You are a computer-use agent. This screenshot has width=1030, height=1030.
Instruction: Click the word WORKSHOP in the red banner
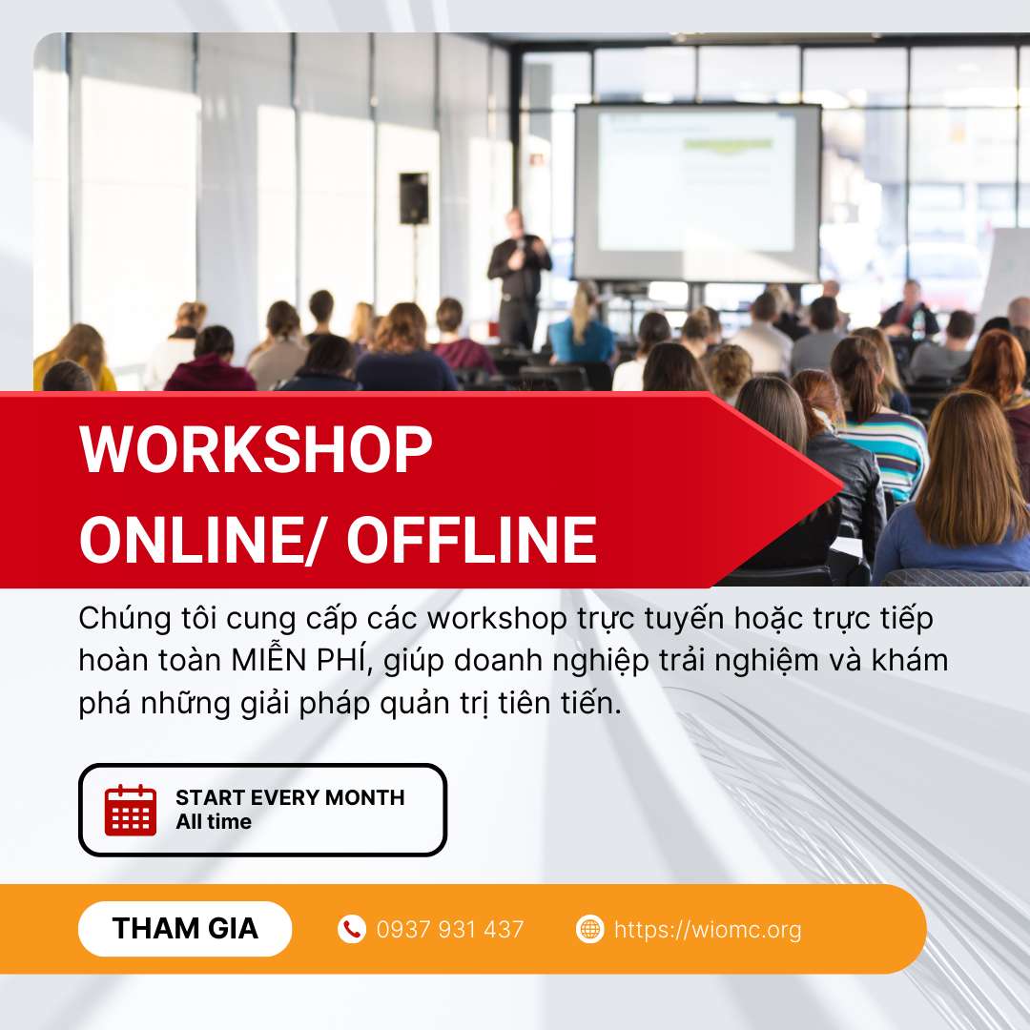coord(256,449)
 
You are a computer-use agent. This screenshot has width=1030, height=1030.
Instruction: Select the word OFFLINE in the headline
coord(472,540)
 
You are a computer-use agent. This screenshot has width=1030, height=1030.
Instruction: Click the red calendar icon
coord(131,810)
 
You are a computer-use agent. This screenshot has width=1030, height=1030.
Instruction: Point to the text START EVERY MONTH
coord(290,797)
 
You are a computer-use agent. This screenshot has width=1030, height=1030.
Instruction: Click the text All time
coord(214,822)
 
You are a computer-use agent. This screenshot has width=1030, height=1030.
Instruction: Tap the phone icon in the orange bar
coord(352,929)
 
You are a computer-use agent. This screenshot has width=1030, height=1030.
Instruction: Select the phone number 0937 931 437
coord(450,930)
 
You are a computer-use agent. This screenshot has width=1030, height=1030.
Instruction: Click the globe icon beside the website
coord(590,929)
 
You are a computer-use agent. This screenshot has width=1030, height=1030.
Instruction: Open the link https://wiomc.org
coord(708,930)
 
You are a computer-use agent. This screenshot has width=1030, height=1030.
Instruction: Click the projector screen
coord(697,193)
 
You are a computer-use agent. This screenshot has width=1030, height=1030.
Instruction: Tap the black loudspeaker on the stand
coord(414,198)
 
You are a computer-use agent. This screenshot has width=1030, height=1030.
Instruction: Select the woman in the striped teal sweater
coord(877,421)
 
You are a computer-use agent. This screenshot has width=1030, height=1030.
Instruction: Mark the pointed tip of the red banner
coord(843,486)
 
